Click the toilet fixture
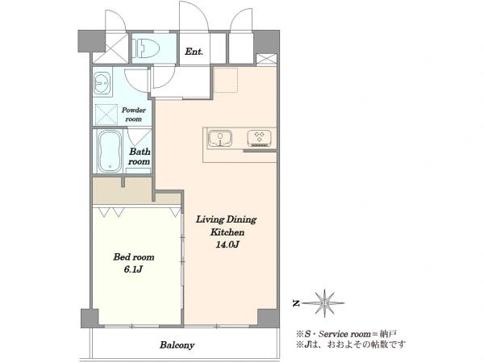(x=147, y=48)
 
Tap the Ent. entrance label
(x=194, y=52)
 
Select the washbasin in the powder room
(x=102, y=83)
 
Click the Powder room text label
(x=134, y=115)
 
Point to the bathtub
(x=110, y=152)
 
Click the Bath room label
(x=140, y=156)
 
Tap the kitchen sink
(x=220, y=138)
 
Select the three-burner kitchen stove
(x=259, y=138)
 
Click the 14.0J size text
(x=227, y=244)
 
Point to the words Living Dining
(x=226, y=219)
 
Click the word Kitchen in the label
(x=227, y=232)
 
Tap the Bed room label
(x=134, y=257)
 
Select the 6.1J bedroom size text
(x=133, y=269)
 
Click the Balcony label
(x=177, y=344)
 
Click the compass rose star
(x=324, y=302)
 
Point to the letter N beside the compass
(x=296, y=303)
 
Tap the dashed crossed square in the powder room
(x=106, y=115)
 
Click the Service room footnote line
(x=347, y=334)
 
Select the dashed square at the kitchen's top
(x=226, y=80)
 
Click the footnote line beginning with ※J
(x=351, y=344)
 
